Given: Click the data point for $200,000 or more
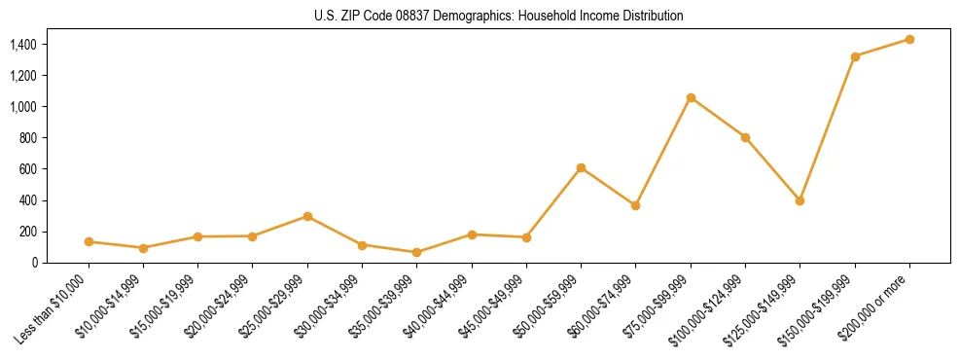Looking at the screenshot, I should [909, 39].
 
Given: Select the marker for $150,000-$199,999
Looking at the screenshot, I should [855, 56].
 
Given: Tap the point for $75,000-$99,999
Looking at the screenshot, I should [691, 97].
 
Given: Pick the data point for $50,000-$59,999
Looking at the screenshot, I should [581, 167].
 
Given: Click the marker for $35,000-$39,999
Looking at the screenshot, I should [416, 252].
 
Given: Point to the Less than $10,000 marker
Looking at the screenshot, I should [89, 241].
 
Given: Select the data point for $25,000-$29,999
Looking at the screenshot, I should [307, 216].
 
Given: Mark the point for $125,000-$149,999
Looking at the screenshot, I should [800, 200].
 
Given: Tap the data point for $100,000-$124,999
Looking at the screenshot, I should [745, 137].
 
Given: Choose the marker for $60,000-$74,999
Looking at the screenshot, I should [635, 205].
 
